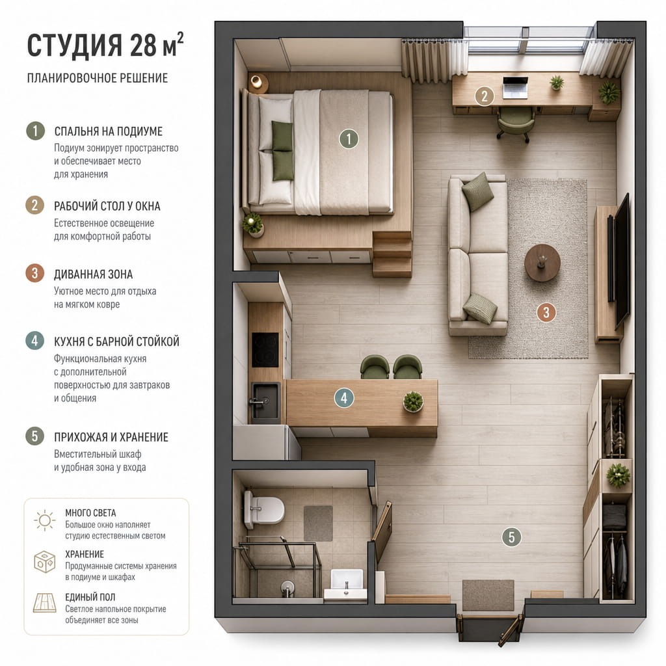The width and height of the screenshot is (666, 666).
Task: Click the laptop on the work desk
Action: pyautogui.click(x=515, y=87)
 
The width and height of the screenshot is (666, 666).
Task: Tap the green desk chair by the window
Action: pyautogui.click(x=515, y=124)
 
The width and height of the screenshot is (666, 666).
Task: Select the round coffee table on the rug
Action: pyautogui.click(x=542, y=263)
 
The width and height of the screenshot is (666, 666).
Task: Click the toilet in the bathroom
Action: pyautogui.click(x=263, y=509)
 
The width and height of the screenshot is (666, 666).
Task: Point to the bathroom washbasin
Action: pyautogui.click(x=346, y=585)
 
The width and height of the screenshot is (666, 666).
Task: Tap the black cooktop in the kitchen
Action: pyautogui.click(x=265, y=349)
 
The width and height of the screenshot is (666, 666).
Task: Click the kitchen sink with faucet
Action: pyautogui.click(x=265, y=401)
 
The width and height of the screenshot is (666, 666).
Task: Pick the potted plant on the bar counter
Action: pyautogui.click(x=413, y=401)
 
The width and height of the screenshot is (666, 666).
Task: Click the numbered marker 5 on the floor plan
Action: pyautogui.click(x=511, y=537)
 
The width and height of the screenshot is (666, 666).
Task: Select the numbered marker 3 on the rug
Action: pyautogui.click(x=546, y=312)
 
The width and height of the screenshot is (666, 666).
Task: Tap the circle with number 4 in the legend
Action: pyautogui.click(x=35, y=341)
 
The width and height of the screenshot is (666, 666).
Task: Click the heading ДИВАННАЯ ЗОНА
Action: pyautogui.click(x=94, y=274)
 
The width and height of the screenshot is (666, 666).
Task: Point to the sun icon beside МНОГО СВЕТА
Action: pyautogui.click(x=45, y=520)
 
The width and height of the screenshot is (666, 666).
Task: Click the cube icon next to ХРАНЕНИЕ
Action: pyautogui.click(x=45, y=561)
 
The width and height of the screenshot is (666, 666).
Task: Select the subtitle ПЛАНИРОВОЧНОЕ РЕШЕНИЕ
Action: pyautogui.click(x=98, y=78)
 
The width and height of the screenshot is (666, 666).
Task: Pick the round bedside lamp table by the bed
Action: pyautogui.click(x=258, y=83)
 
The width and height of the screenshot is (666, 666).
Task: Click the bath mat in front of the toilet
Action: pyautogui.click(x=318, y=524)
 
